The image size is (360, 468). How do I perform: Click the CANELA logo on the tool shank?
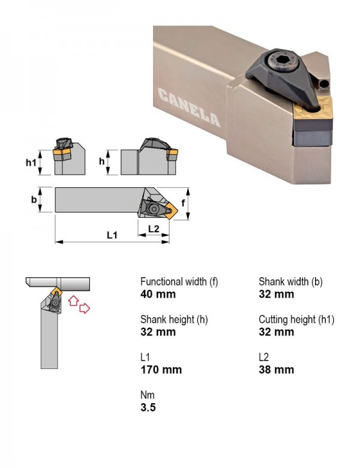[189, 107]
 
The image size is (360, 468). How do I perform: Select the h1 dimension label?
[31, 162]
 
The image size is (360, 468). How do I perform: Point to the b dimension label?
[34, 199]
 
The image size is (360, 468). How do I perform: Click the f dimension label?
[183, 203]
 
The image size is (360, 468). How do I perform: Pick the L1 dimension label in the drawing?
[112, 235]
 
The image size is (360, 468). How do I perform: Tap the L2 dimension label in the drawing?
[154, 229]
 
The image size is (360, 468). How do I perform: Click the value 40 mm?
[158, 294]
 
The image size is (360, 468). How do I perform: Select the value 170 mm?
[161, 370]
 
